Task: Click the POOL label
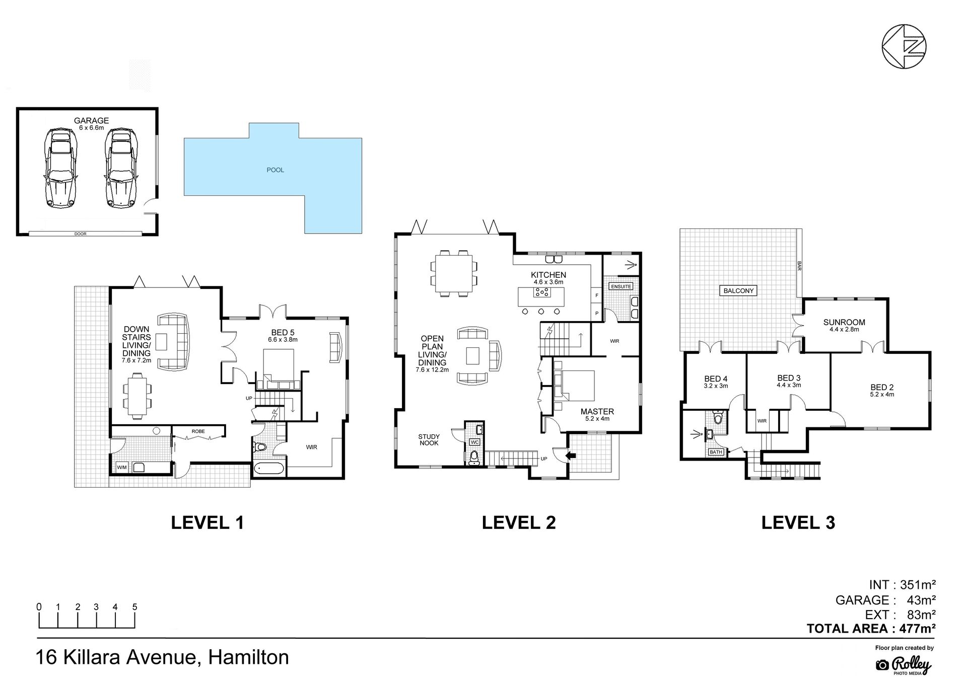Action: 275,170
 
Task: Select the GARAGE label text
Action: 92,121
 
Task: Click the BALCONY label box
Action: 739,290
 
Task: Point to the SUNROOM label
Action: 844,322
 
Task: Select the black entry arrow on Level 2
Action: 571,456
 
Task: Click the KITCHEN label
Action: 548,275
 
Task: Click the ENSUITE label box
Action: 620,286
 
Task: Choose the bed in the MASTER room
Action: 574,386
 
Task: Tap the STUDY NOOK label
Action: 429,440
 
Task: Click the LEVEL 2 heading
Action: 519,522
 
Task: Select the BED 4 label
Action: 716,379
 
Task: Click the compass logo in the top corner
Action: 904,46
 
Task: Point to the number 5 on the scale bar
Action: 134,607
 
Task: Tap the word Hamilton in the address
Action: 249,657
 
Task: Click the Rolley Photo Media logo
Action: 905,665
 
